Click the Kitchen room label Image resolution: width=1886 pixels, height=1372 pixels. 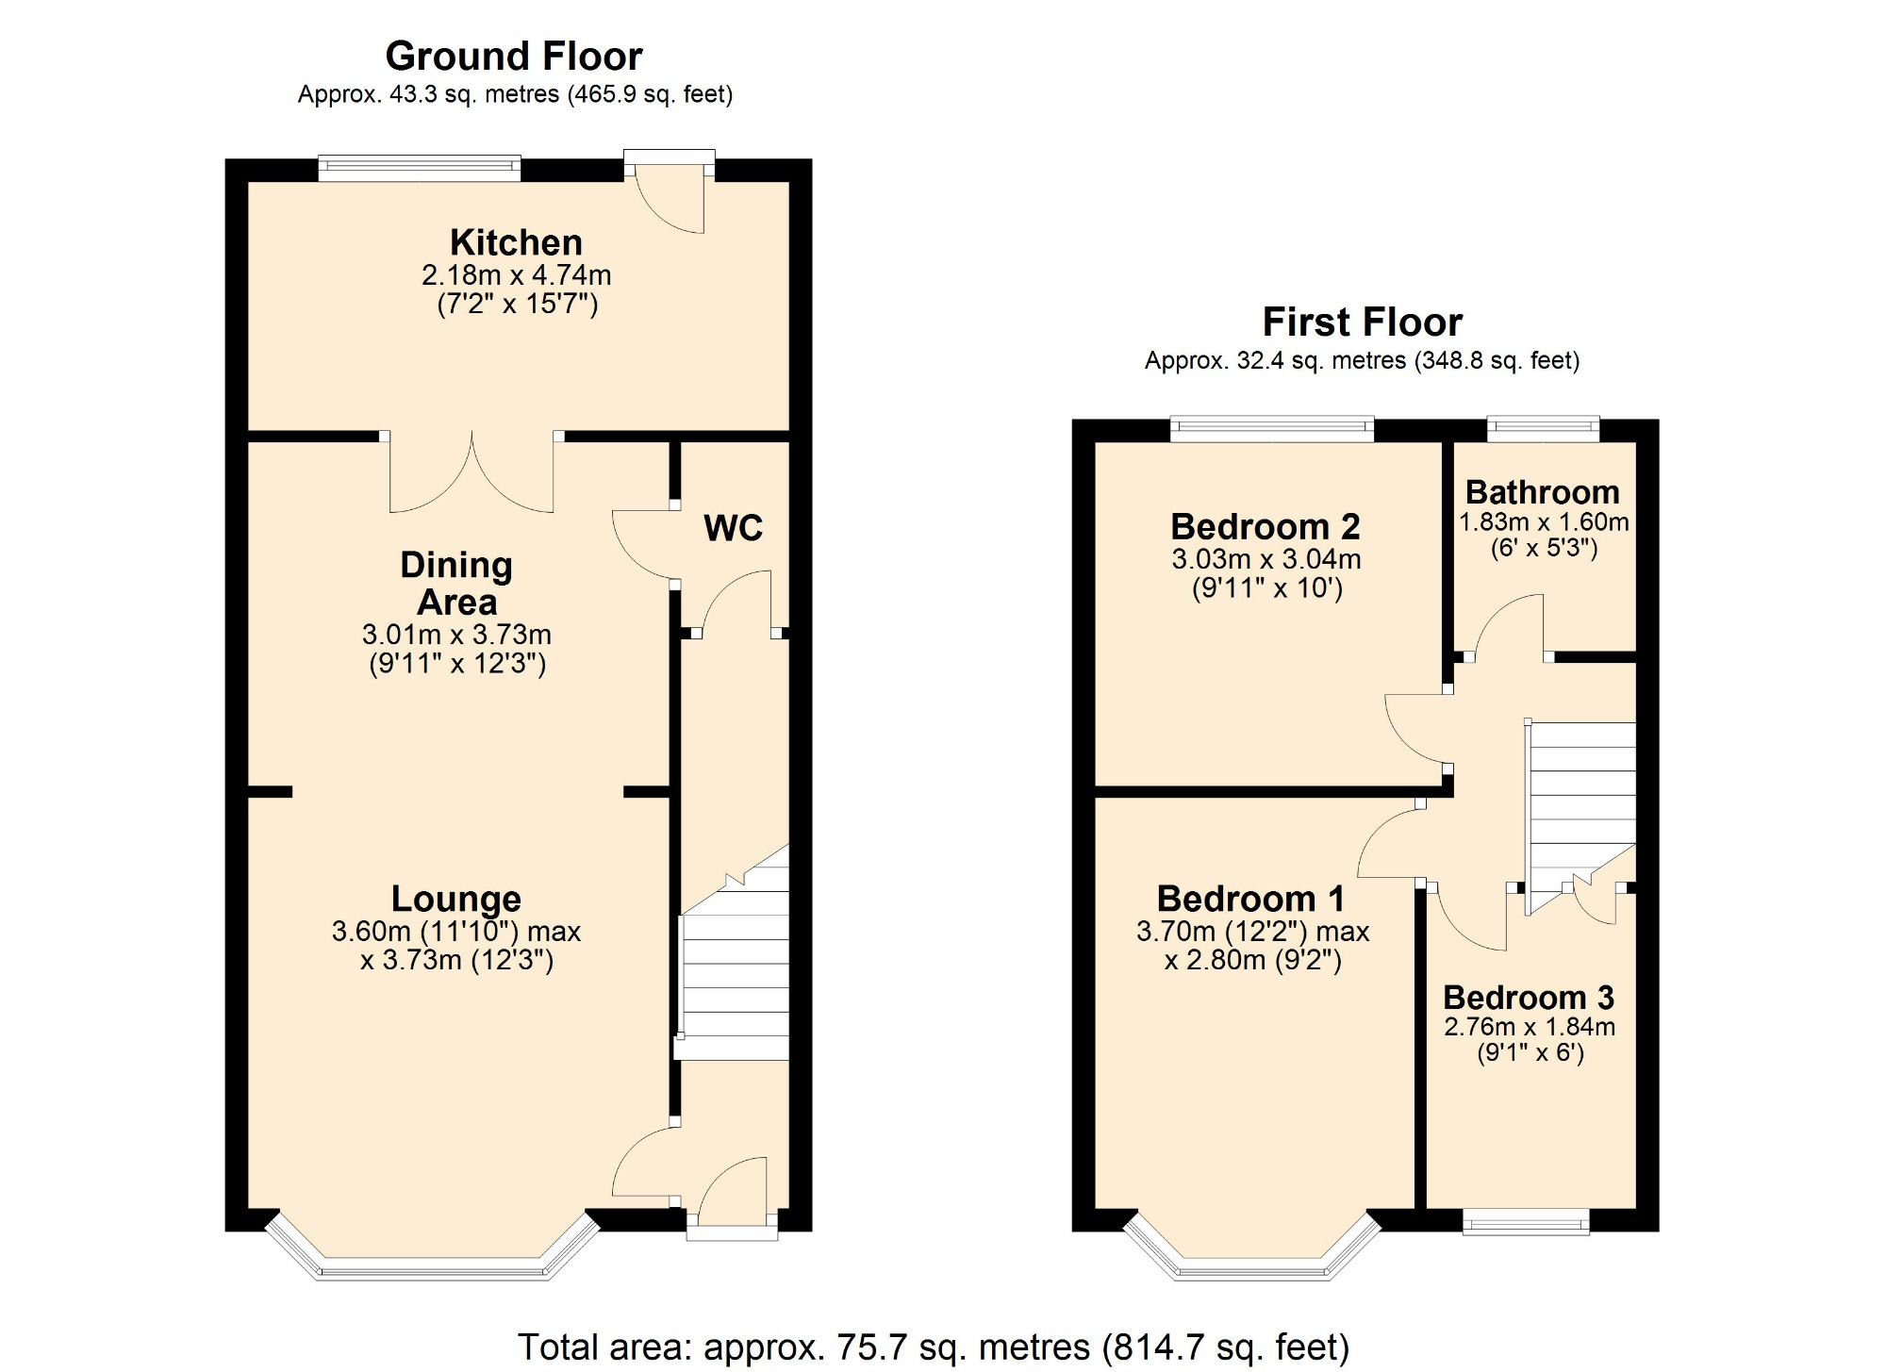pyautogui.click(x=516, y=242)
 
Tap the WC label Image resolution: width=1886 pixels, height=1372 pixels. pyautogui.click(x=733, y=528)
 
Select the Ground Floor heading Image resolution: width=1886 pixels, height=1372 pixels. pyautogui.click(x=514, y=57)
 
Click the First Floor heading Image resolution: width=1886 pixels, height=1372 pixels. pyautogui.click(x=1362, y=322)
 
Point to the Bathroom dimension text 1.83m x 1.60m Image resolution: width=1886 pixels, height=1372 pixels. pyautogui.click(x=1544, y=521)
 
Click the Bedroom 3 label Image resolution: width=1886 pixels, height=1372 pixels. pyautogui.click(x=1528, y=997)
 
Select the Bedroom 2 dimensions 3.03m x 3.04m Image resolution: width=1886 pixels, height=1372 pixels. pyautogui.click(x=1266, y=559)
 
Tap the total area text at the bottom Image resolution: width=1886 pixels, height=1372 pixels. pyautogui.click(x=933, y=1347)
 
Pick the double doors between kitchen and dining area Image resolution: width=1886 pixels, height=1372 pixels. pyautogui.click(x=471, y=476)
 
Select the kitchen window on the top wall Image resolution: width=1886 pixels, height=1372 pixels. pyautogui.click(x=419, y=169)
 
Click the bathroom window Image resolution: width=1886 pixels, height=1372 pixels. pyautogui.click(x=1544, y=429)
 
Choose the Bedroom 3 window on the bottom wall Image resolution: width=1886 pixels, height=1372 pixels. pyautogui.click(x=1525, y=1222)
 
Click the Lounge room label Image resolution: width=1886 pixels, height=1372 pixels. pyautogui.click(x=455, y=899)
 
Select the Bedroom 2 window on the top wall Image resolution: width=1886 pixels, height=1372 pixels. pyautogui.click(x=1271, y=429)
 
